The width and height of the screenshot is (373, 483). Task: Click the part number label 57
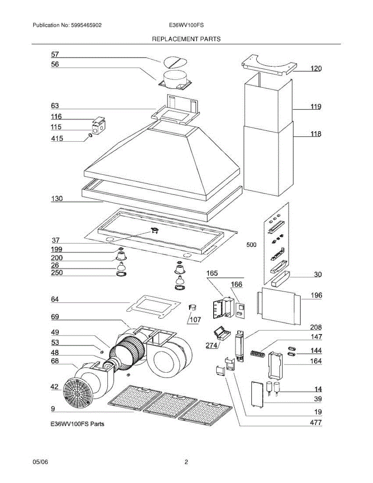click(x=55, y=54)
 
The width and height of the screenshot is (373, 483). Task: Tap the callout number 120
click(x=315, y=68)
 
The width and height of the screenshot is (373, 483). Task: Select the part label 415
click(x=56, y=139)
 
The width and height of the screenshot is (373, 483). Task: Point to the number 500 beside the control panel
click(x=251, y=244)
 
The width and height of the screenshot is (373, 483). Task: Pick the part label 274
click(x=212, y=345)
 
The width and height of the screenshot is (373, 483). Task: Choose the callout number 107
click(x=195, y=320)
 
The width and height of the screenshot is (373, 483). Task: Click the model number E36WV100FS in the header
click(x=186, y=25)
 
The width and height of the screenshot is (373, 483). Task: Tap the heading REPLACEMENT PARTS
click(x=186, y=39)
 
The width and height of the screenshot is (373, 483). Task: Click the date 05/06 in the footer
click(x=40, y=462)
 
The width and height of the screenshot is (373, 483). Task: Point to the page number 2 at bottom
click(x=186, y=462)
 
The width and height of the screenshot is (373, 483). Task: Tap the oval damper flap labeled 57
click(x=174, y=62)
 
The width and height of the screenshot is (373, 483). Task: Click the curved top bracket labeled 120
click(x=267, y=64)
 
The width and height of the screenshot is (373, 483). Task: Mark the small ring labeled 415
click(x=91, y=135)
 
